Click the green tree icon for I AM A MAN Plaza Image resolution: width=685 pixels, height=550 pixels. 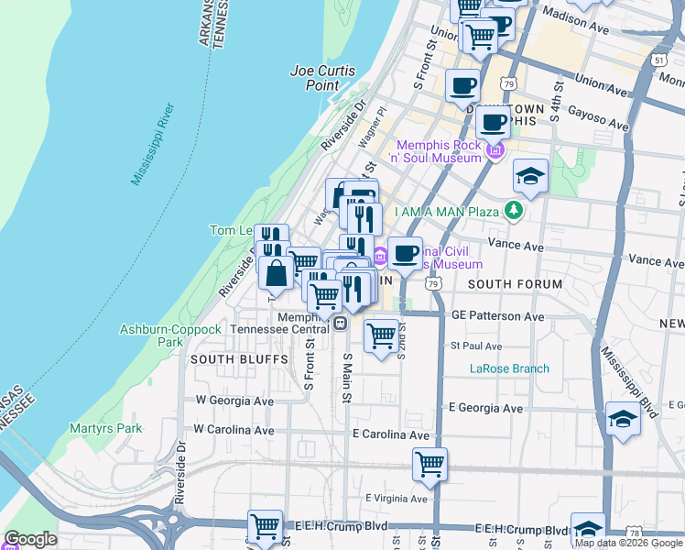pos(515,212)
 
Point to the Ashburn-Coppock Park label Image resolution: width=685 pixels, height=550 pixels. pos(170,335)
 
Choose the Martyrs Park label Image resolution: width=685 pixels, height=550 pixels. pos(105,428)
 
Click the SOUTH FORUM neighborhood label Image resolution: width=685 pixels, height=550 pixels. pos(515,285)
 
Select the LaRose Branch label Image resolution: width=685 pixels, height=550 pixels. pos(509,368)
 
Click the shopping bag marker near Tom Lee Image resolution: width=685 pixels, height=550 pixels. pos(276,272)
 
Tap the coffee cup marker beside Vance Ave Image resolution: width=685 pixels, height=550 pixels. pos(405,253)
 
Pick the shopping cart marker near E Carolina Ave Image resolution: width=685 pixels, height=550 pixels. pos(429,464)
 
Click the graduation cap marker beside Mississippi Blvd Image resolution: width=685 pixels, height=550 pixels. pos(623,419)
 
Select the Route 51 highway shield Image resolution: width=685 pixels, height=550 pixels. pos(658,59)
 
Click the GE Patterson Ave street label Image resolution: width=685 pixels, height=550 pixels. pos(498,315)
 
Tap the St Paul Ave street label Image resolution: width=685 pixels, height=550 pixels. pos(475,346)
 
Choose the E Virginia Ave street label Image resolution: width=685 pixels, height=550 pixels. pos(396,499)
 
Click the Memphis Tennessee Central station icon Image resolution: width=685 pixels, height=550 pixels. pos(340,323)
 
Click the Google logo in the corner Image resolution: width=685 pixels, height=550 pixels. pos(30,539)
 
